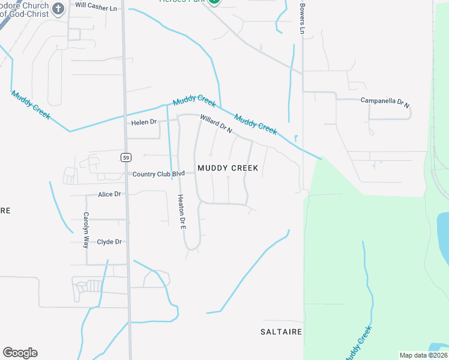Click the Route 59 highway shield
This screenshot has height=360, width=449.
125,158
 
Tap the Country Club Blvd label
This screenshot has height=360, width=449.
158,174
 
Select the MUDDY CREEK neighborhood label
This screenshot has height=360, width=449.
228,168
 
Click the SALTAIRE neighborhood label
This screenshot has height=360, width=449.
281,331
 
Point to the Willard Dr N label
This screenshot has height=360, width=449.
216,124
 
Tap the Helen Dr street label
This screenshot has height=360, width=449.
143,122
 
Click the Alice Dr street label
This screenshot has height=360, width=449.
110,194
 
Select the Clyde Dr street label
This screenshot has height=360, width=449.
110,242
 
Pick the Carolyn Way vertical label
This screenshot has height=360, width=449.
86,230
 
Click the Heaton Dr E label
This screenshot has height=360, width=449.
181,212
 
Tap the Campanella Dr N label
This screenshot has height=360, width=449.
385,101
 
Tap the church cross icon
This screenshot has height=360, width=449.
58,8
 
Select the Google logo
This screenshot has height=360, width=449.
20,353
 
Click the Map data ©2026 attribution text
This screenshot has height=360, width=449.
423,355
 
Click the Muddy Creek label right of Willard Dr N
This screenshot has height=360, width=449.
256,124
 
